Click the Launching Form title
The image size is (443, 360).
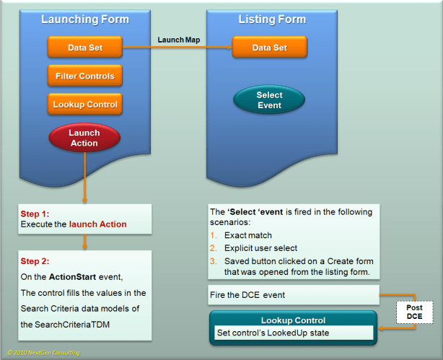pos(84,19)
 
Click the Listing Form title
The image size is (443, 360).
pos(272,19)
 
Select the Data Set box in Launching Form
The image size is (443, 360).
pos(84,48)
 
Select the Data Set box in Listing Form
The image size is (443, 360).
pos(269,48)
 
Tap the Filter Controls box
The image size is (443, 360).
pos(84,75)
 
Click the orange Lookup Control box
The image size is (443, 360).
pos(84,104)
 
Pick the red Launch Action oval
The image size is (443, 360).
pos(84,138)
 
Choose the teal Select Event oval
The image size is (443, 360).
pos(269,100)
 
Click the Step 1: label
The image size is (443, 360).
pos(35,214)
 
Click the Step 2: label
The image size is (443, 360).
pos(35,261)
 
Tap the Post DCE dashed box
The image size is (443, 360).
pos(413,312)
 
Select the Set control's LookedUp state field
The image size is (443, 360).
pos(293,333)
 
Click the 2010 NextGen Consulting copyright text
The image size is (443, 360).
pos(44,353)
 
